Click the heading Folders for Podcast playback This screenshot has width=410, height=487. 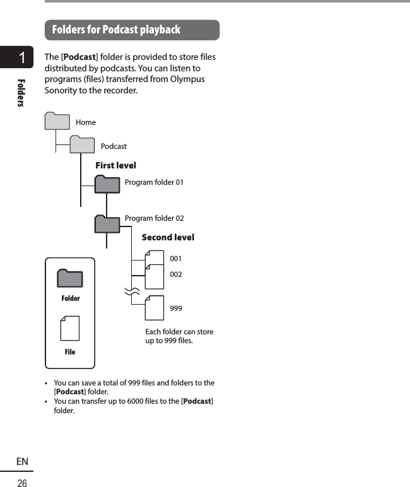click(x=116, y=30)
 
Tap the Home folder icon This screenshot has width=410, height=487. click(x=57, y=121)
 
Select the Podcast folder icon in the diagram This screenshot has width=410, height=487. click(x=82, y=145)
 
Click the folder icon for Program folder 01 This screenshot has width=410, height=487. click(x=107, y=184)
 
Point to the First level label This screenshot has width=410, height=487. click(x=115, y=165)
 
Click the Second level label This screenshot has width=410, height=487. click(x=168, y=237)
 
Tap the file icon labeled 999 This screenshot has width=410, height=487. click(x=154, y=308)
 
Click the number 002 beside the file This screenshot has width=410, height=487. click(x=176, y=274)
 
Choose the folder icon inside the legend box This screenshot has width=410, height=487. click(x=70, y=278)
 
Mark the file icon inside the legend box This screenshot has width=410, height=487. click(x=70, y=329)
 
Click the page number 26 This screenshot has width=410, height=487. click(x=22, y=483)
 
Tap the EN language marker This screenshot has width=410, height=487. click(x=22, y=462)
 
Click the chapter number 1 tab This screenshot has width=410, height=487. click(x=22, y=59)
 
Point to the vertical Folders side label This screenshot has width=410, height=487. click(x=22, y=92)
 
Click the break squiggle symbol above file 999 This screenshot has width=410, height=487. click(x=132, y=291)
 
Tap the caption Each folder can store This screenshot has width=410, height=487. click(x=179, y=332)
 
